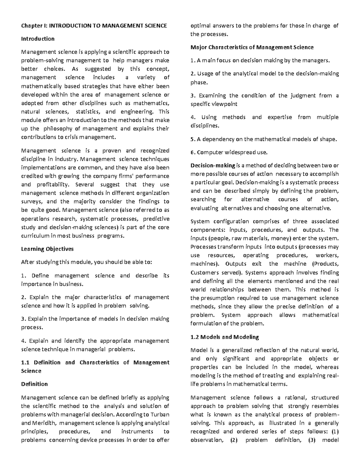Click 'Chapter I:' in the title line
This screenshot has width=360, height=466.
34,26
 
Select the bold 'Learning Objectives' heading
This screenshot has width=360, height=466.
47,249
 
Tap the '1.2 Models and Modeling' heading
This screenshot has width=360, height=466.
225,337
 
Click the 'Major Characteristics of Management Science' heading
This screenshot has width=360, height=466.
252,47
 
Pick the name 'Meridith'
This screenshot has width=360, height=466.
42,423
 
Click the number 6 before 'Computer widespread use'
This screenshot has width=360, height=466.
192,152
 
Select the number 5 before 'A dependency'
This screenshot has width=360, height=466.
192,139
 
